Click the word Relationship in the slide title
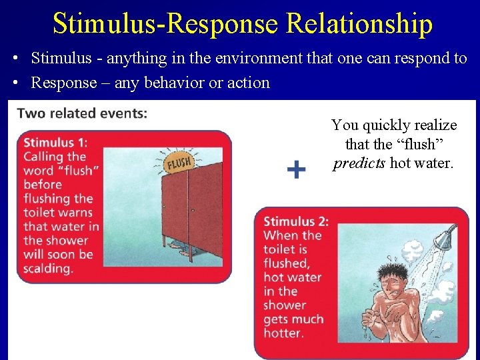tap(359, 24)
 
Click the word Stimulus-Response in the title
tap(166, 24)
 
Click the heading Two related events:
tap(82, 113)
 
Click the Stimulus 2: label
tap(296, 221)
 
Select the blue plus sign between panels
tap(296, 170)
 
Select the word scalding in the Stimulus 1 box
tap(48, 269)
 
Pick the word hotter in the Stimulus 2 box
tap(283, 333)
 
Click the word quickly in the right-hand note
tap(386, 125)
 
